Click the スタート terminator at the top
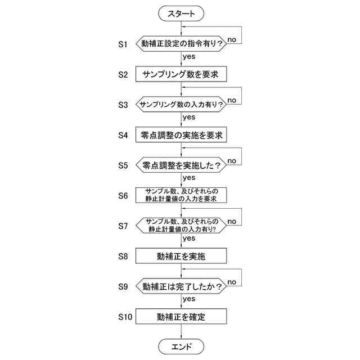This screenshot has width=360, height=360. click(x=181, y=12)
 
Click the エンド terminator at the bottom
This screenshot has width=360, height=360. click(x=181, y=346)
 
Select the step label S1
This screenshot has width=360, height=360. click(x=123, y=43)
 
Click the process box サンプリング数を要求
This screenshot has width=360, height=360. click(x=181, y=74)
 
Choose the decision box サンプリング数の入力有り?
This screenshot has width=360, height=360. click(x=181, y=104)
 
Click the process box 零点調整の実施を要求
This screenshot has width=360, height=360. click(x=181, y=135)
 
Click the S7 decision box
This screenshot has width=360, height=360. click(x=181, y=226)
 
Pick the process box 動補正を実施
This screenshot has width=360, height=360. click(x=181, y=256)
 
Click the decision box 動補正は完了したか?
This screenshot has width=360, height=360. click(x=181, y=286)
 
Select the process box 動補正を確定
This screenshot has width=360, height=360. click(x=181, y=317)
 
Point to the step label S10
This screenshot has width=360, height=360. click(x=125, y=317)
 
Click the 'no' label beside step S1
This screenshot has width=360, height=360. click(x=232, y=40)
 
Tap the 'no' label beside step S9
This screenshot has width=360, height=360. click(x=232, y=282)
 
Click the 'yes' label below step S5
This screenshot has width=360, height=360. click(x=189, y=178)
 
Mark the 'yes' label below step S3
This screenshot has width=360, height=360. click(x=189, y=117)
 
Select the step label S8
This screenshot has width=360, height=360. click(x=123, y=256)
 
